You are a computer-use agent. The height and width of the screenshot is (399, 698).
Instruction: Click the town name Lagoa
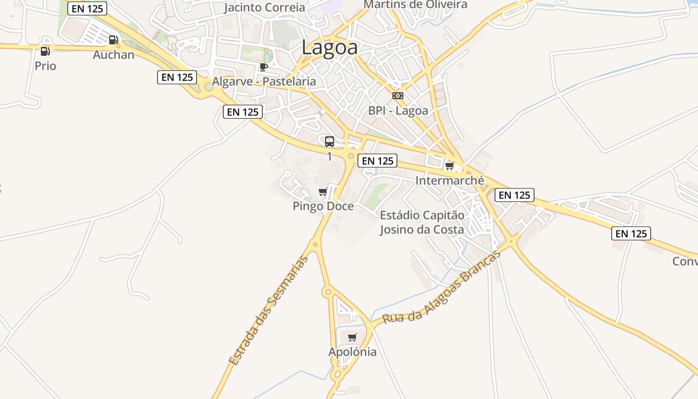[330, 48]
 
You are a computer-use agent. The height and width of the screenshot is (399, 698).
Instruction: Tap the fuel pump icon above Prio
[45, 51]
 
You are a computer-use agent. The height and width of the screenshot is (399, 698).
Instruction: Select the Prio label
[45, 66]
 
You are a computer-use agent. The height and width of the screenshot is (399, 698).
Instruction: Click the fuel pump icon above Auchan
[114, 40]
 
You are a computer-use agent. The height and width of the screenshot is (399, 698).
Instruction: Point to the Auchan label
[114, 54]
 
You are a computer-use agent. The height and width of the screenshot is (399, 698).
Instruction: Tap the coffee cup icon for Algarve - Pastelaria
[264, 67]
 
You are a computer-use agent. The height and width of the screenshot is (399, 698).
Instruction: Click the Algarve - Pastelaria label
[264, 81]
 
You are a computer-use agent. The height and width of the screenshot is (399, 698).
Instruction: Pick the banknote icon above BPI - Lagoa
[398, 96]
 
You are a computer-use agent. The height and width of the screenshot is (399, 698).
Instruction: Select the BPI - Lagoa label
[398, 110]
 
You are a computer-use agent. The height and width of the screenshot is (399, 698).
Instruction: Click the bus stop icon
[330, 142]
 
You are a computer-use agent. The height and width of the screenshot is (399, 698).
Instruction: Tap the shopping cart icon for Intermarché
[450, 166]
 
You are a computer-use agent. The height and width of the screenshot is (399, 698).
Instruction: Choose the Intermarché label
[450, 181]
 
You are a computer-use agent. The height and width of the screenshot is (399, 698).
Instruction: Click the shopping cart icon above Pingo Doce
[323, 192]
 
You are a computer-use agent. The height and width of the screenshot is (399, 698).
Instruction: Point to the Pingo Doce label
[323, 206]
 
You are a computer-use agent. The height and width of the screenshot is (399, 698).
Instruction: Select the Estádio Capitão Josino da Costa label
[422, 222]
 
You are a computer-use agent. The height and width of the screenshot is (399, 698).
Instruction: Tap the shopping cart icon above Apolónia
[352, 338]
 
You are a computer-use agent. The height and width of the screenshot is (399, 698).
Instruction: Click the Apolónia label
[352, 352]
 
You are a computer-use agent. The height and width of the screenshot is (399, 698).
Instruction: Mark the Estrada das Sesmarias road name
[269, 310]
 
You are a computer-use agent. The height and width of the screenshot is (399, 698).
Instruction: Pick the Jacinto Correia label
[264, 7]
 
